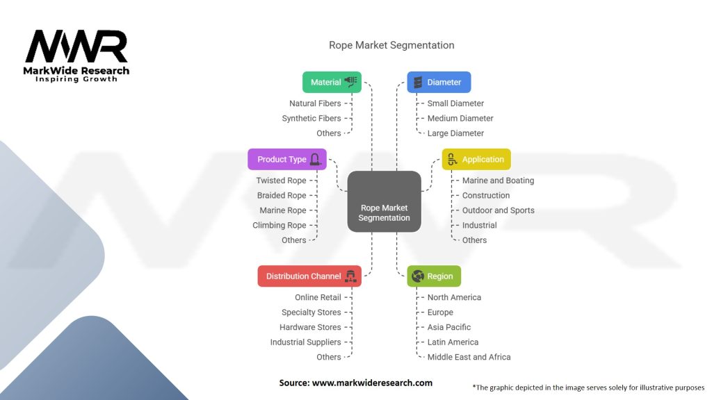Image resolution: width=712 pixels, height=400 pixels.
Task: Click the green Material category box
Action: (333, 82)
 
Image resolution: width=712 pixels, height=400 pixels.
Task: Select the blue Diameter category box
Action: (439, 82)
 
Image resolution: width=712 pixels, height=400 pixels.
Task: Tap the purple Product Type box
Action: (287, 159)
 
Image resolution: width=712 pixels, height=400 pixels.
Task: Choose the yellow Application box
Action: (476, 159)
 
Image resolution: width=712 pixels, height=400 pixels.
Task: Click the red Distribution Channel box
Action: (309, 276)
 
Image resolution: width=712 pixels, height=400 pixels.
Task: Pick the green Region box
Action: (434, 276)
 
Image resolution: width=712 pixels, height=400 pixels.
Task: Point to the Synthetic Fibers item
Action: (311, 118)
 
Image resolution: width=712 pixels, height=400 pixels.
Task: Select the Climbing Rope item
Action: (280, 225)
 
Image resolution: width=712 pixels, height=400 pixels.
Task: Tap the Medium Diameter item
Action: (460, 118)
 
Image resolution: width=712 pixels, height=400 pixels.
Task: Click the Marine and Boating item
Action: (498, 181)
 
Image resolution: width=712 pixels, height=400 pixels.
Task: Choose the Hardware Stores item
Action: (310, 327)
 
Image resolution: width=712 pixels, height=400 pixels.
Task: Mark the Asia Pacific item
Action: (449, 327)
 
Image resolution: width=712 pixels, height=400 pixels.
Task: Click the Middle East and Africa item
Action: (469, 357)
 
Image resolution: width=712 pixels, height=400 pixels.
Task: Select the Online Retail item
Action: (318, 297)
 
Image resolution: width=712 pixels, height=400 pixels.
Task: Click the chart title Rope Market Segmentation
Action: (391, 45)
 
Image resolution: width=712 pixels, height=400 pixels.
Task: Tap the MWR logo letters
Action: (76, 47)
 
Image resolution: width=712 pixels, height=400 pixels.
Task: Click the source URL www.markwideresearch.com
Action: (355, 383)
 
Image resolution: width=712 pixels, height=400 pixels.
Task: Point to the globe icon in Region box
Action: (417, 276)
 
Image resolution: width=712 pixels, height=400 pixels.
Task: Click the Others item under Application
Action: (474, 240)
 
